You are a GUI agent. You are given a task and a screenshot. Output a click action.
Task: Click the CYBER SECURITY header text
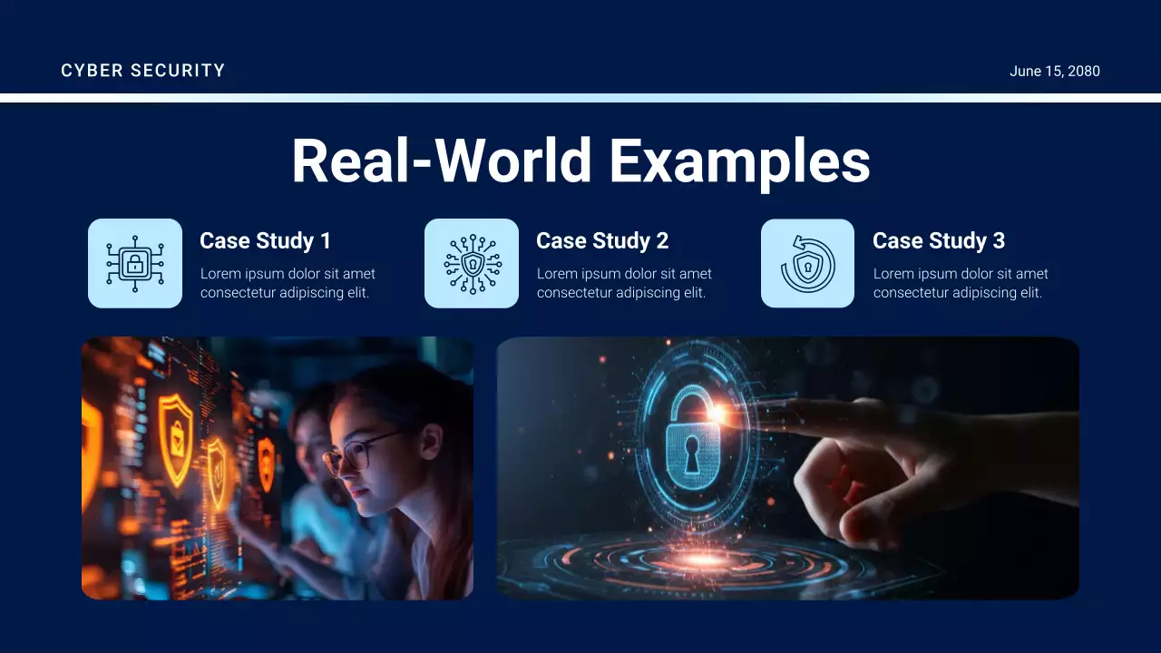click(x=142, y=71)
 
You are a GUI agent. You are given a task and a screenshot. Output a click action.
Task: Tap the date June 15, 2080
click(x=1054, y=72)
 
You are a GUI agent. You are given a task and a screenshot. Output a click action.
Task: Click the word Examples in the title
click(x=739, y=161)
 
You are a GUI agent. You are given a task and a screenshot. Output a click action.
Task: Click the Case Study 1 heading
click(x=265, y=240)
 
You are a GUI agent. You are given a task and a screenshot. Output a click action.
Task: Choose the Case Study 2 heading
click(x=601, y=240)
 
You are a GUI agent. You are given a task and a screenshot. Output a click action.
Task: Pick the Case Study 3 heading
click(x=938, y=240)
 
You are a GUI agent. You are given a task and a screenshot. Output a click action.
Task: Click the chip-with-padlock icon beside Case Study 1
click(x=135, y=263)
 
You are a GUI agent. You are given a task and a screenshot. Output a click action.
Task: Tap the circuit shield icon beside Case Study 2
click(x=472, y=263)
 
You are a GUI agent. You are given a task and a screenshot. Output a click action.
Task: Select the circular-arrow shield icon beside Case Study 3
click(x=807, y=263)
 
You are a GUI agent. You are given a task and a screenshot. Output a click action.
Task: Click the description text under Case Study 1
click(x=288, y=283)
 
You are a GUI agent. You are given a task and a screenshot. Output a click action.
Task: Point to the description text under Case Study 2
click(x=624, y=283)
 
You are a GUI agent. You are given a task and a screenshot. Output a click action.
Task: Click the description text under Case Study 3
click(x=961, y=283)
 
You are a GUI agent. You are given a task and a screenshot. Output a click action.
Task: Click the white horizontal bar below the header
click(x=580, y=98)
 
